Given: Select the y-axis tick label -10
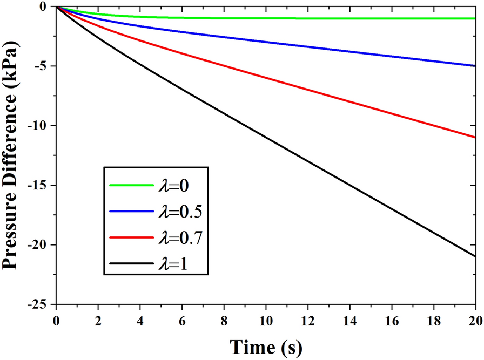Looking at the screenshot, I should click(41, 126).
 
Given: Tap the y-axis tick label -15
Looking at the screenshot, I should click(41, 185).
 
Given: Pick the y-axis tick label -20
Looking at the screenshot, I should click(41, 245).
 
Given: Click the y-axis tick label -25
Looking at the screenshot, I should click(41, 304).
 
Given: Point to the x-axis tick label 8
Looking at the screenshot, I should click(224, 318).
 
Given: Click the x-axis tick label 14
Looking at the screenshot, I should click(349, 318).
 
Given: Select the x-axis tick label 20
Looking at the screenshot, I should click(475, 318).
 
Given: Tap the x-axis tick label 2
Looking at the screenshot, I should click(98, 318).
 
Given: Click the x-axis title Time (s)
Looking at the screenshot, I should click(265, 345).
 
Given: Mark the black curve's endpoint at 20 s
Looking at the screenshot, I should click(475, 256).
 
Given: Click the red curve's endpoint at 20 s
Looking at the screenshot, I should click(475, 138).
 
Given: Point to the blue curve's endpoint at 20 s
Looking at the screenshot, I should click(475, 66).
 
